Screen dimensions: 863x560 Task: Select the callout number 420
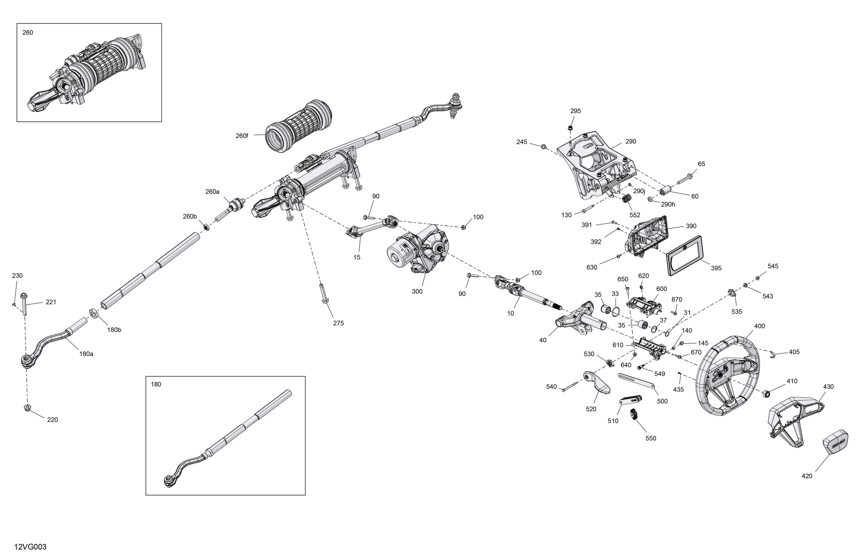pyautogui.click(x=807, y=476)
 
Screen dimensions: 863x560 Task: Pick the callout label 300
pyautogui.click(x=417, y=291)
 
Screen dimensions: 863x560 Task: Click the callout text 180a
pyautogui.click(x=86, y=354)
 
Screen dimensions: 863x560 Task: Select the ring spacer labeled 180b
pyautogui.click(x=94, y=313)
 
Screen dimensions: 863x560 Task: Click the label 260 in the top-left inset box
pyautogui.click(x=28, y=32)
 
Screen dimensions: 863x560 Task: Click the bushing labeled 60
pyautogui.click(x=666, y=191)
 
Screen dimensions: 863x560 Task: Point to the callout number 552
pyautogui.click(x=635, y=215)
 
